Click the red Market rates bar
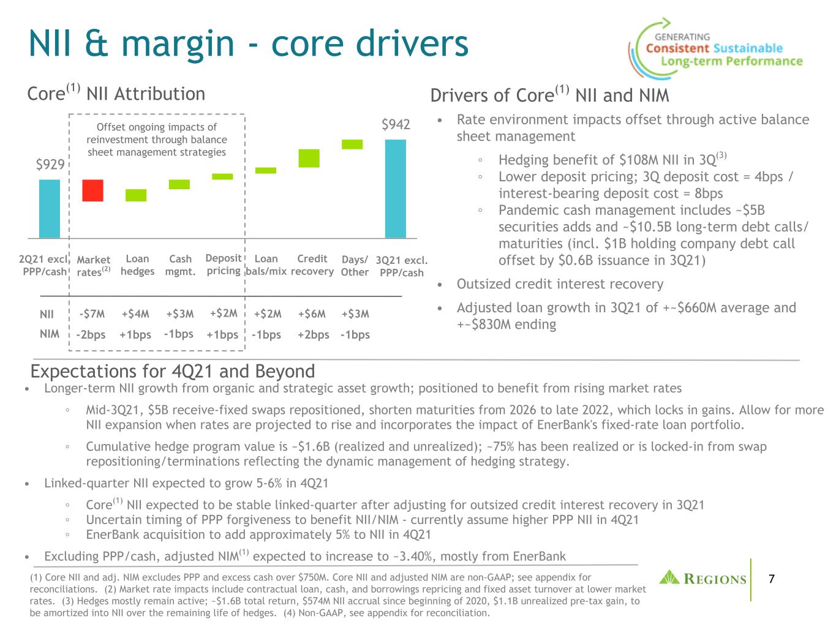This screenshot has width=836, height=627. tap(92, 190)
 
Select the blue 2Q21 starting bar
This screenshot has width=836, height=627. tap(50, 209)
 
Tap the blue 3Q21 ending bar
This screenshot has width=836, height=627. tap(395, 189)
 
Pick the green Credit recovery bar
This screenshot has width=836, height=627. tap(309, 159)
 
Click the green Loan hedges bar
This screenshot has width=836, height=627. tap(136, 195)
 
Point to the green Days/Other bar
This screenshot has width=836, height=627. tap(352, 145)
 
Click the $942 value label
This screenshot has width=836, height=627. tap(396, 124)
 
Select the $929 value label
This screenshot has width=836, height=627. tap(50, 165)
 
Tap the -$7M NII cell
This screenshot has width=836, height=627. tap(92, 314)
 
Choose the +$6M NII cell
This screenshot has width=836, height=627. tap(312, 314)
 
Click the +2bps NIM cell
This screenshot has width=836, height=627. tap(313, 335)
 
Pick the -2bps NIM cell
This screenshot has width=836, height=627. tap(91, 335)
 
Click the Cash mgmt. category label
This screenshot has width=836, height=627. tap(180, 265)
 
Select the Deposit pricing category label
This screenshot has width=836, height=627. tap(224, 264)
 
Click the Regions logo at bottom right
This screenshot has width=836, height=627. tap(702, 578)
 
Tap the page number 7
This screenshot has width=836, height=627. tap(772, 579)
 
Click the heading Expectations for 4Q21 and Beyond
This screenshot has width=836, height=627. tap(173, 371)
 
